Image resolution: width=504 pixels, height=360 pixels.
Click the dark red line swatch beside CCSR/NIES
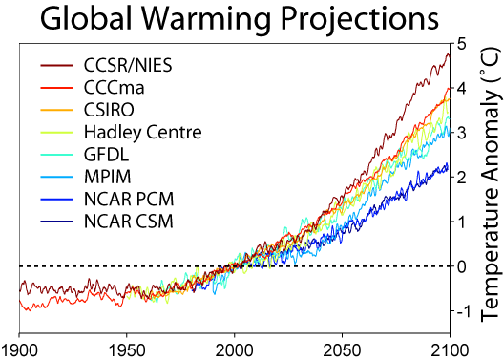[57, 66]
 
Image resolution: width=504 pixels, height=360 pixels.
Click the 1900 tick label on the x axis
[19, 348]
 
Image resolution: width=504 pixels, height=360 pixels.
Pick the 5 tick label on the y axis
[462, 44]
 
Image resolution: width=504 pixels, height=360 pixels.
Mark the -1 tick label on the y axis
[459, 311]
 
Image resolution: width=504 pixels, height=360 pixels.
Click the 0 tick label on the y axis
[462, 266]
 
